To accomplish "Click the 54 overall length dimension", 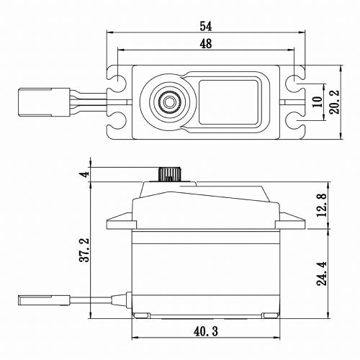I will click(x=204, y=27).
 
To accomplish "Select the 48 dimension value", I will click(x=204, y=45).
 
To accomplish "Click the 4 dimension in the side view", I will click(x=85, y=175).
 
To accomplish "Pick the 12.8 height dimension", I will click(x=323, y=205).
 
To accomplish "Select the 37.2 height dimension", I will click(x=85, y=248).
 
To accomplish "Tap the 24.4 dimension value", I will click(x=323, y=274).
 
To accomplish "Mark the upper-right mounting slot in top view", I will click(x=295, y=76).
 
